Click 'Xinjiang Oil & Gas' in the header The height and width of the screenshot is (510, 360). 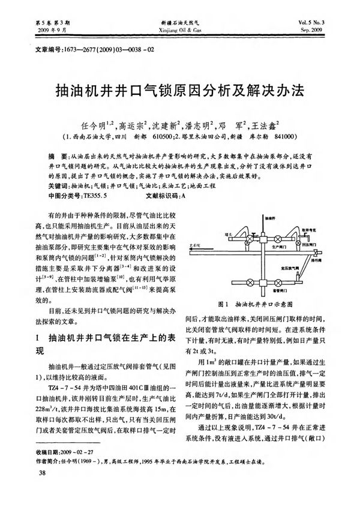pos(179,29)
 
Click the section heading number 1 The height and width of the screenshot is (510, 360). pos(38,337)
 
